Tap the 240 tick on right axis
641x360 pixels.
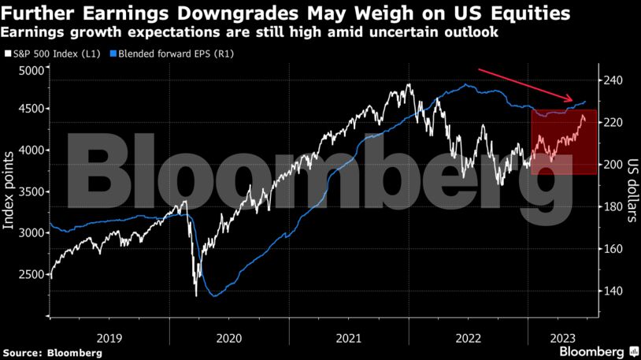[613, 80]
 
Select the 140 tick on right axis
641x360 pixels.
[613, 291]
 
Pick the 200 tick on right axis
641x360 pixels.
[613, 165]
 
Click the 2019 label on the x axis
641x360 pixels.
[109, 337]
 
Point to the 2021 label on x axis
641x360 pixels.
[349, 337]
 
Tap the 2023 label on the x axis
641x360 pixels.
[560, 337]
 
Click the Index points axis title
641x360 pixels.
[9, 194]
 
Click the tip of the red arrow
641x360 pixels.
[574, 100]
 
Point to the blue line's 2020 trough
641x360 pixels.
[213, 296]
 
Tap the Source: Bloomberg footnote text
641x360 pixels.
[52, 353]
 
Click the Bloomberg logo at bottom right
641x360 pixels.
[598, 351]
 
